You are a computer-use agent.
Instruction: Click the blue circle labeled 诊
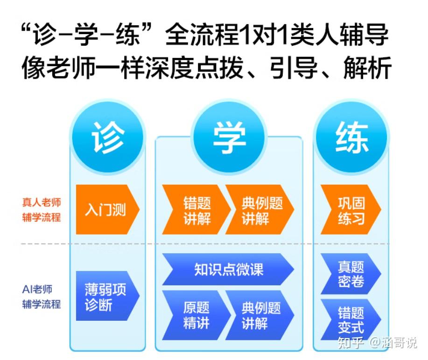[108, 137]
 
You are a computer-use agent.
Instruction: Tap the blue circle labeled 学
[229, 137]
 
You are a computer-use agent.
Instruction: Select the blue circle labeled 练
[351, 137]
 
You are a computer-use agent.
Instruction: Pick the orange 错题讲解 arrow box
[196, 210]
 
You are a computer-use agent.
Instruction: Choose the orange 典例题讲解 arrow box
[260, 210]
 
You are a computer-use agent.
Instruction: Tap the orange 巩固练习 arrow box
[350, 210]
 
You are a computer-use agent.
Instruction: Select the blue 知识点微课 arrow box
[228, 269]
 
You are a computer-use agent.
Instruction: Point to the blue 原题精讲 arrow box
[196, 315]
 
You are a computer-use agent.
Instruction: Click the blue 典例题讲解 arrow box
[260, 315]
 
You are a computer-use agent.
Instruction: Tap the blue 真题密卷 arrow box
[350, 274]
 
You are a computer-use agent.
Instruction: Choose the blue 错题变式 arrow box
[350, 319]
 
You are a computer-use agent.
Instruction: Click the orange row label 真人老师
[42, 203]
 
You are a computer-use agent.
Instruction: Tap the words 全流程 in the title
[201, 36]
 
